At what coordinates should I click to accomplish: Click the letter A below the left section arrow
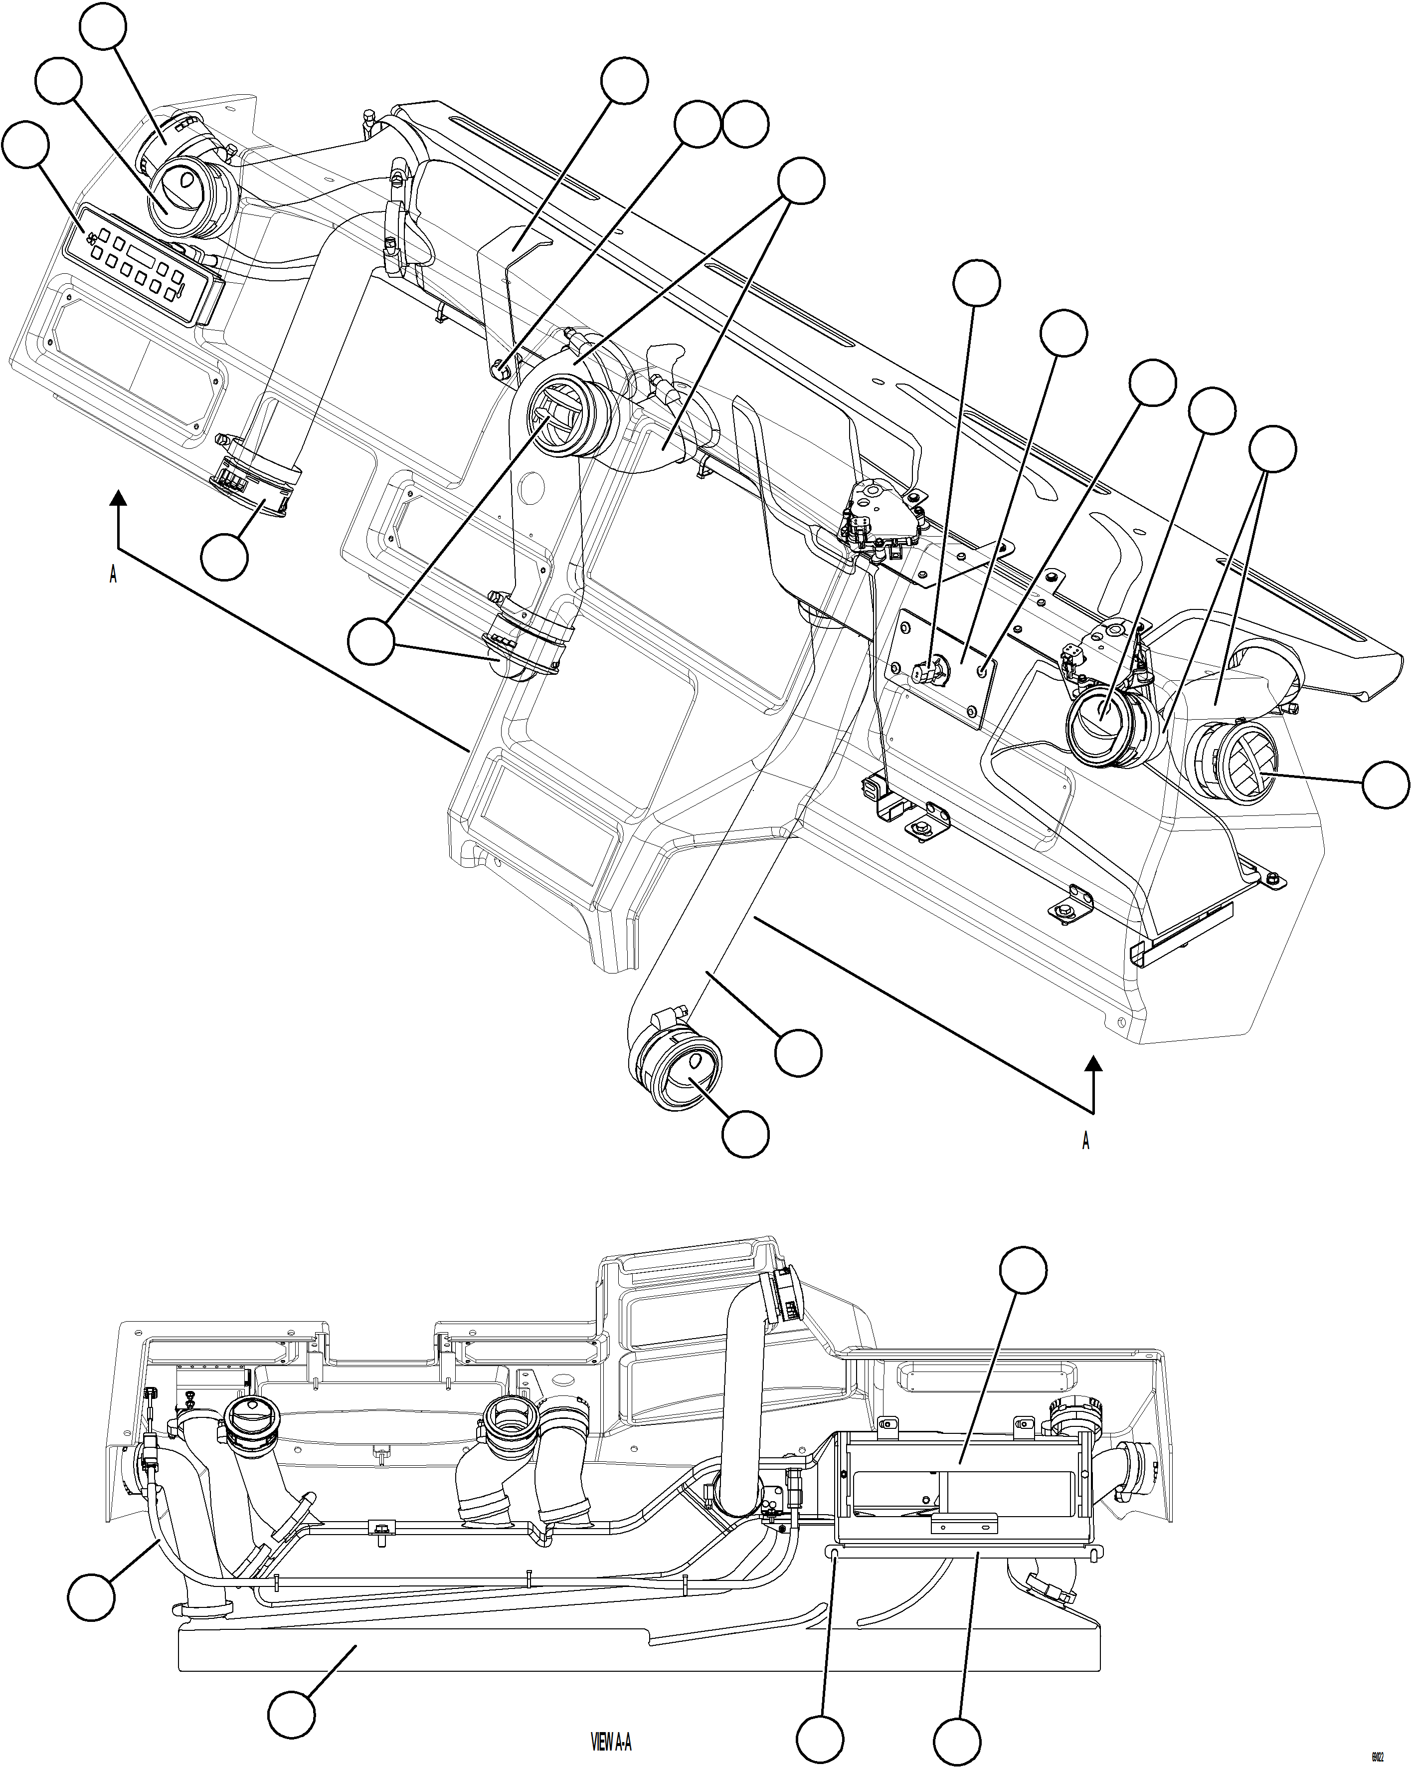click(113, 575)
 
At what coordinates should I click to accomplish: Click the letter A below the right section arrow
click(1085, 1141)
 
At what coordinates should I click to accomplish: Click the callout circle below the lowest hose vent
click(745, 1134)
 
